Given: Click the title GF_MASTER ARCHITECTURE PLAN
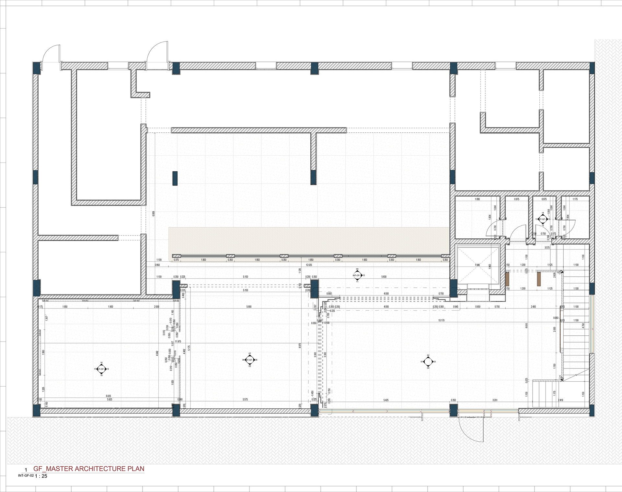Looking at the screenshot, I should click(x=89, y=469).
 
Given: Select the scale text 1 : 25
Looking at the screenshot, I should click(x=41, y=476).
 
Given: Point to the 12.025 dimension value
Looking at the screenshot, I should click(x=309, y=265).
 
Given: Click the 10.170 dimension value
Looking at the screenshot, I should click(x=441, y=320).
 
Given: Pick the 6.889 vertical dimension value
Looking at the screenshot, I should click(x=154, y=214).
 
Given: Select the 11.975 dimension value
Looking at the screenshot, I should click(x=178, y=342).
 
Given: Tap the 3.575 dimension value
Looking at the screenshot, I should click(x=547, y=248).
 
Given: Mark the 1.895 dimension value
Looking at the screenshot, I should click(x=477, y=199).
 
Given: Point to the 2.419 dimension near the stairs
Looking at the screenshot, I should click(x=560, y=400).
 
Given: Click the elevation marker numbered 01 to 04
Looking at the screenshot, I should click(x=428, y=362).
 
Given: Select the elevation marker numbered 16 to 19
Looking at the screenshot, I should click(x=101, y=369).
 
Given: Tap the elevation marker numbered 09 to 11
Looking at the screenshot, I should click(x=357, y=275).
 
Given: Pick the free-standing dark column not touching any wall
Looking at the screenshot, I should click(x=175, y=178).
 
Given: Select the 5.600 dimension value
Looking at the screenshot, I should click(x=384, y=277).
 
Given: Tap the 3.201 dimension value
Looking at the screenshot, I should click(x=495, y=400).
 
